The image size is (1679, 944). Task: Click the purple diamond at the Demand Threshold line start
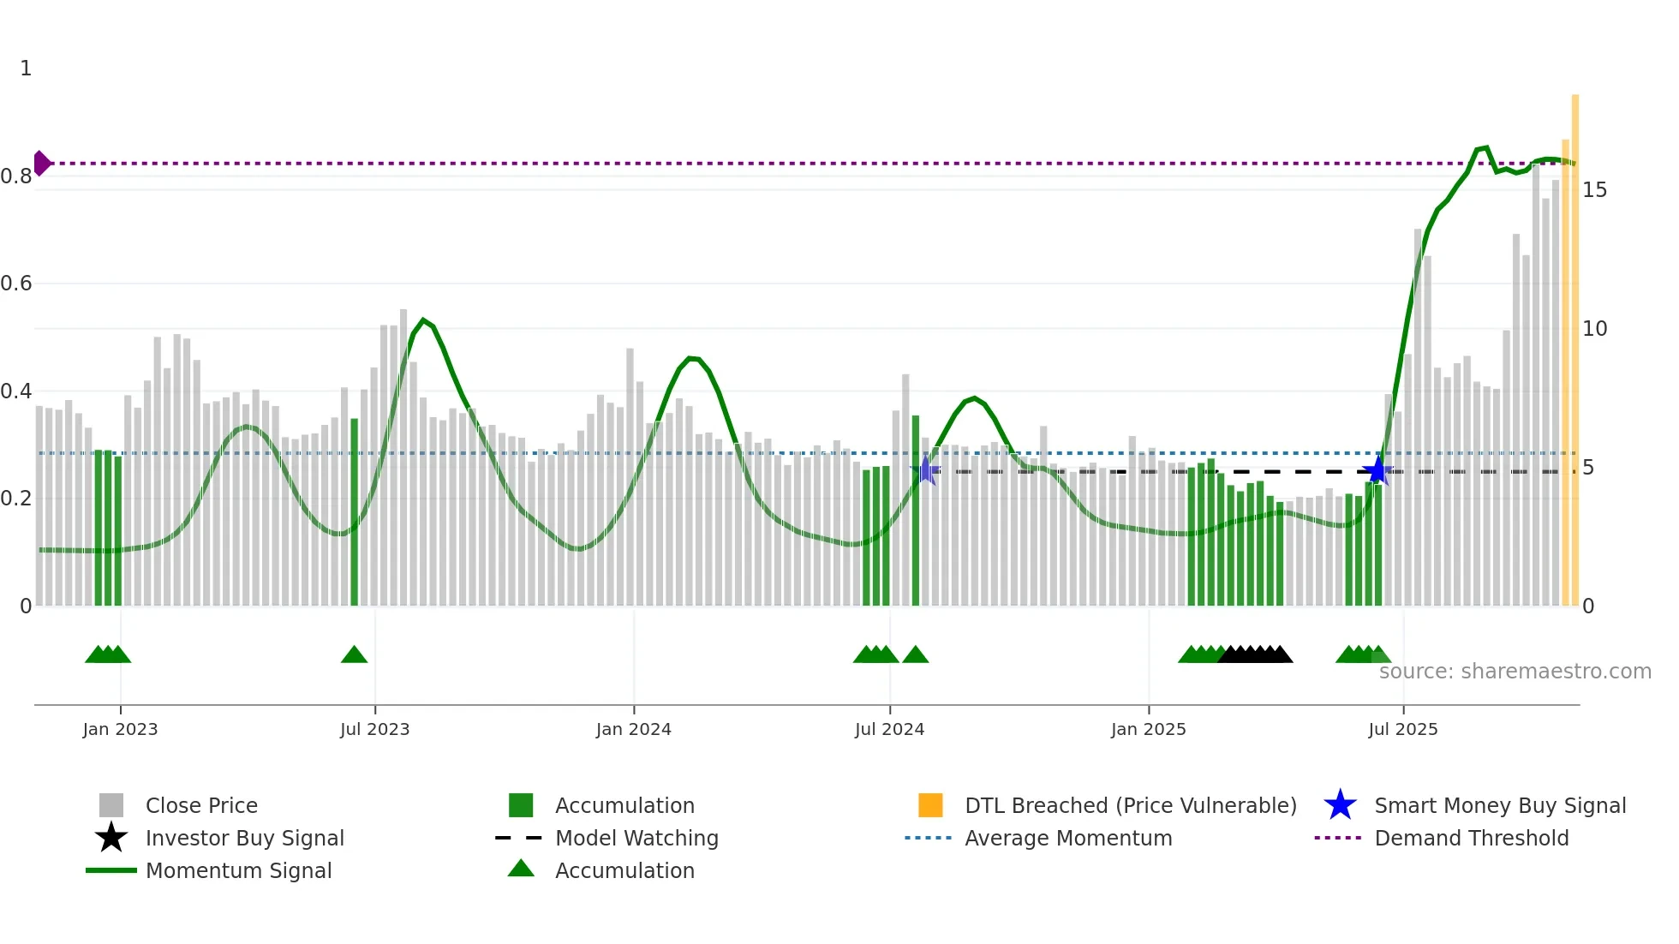coord(41,163)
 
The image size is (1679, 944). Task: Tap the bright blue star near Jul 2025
coord(1377,470)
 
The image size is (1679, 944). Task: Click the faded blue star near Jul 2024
coord(925,470)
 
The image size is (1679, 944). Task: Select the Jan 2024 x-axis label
coord(633,729)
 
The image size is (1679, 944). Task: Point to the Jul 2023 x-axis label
coord(374,729)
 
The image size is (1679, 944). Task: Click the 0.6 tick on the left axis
coord(16,284)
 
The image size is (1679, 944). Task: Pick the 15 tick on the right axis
coord(1594,190)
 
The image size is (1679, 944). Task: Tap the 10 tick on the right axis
coord(1594,329)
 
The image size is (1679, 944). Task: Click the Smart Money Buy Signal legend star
coord(1340,805)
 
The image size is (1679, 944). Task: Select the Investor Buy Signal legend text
coord(244,838)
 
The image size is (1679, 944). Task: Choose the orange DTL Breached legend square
coord(930,805)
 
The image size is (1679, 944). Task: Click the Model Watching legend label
coord(636,838)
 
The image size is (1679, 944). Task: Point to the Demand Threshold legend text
coord(1471,838)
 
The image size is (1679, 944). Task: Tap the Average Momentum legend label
coord(1068,838)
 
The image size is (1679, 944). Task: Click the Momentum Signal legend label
coord(238,870)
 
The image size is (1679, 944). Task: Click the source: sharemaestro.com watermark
coord(1515,672)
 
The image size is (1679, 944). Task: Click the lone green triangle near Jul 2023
coord(354,655)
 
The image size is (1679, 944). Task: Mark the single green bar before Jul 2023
coord(354,512)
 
